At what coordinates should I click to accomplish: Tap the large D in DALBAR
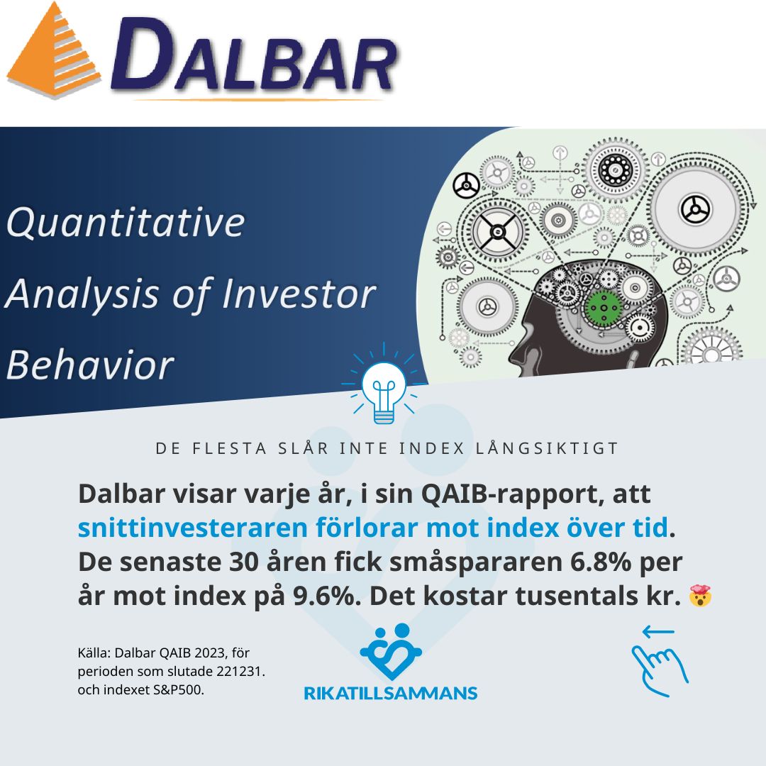coord(143,54)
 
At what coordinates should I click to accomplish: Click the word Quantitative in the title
coord(125,222)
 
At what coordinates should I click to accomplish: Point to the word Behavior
coord(90,365)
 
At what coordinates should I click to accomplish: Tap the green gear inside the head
coord(604,307)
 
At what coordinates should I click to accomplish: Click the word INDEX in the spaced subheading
coord(431,448)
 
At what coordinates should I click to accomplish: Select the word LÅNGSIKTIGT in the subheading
coord(547,448)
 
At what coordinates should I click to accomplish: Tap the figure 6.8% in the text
coord(601,562)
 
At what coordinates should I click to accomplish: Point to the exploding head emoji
coord(700,596)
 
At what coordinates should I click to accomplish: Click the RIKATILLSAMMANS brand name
coord(390,693)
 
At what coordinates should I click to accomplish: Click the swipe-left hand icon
coord(660,661)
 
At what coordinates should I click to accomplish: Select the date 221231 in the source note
coord(238,671)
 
